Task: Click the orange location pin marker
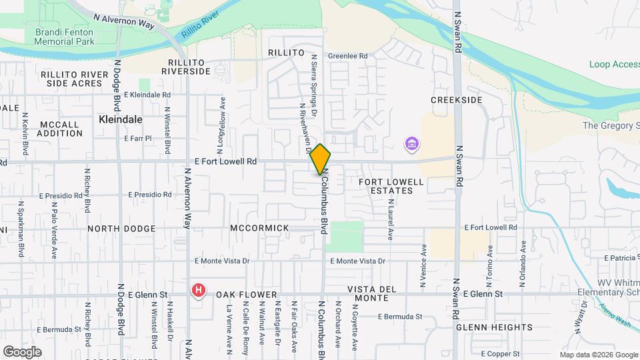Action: [x=321, y=159]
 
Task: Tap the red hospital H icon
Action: [x=198, y=290]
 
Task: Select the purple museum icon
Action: [x=412, y=143]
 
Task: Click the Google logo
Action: [x=22, y=351]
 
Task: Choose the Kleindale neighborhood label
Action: [x=121, y=119]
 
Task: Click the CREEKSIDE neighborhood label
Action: [x=456, y=100]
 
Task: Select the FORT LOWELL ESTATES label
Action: [x=391, y=186]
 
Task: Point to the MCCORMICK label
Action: [x=260, y=228]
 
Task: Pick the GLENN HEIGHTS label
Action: [x=494, y=327]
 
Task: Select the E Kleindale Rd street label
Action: [x=147, y=95]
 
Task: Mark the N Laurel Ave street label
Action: [x=390, y=223]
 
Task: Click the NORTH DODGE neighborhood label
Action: [x=121, y=229]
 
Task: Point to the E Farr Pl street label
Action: [x=139, y=139]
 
